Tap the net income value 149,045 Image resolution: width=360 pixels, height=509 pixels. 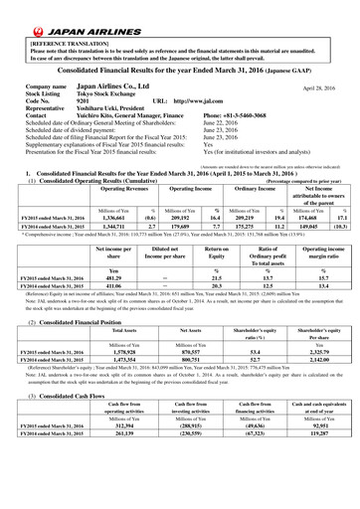(314, 228)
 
